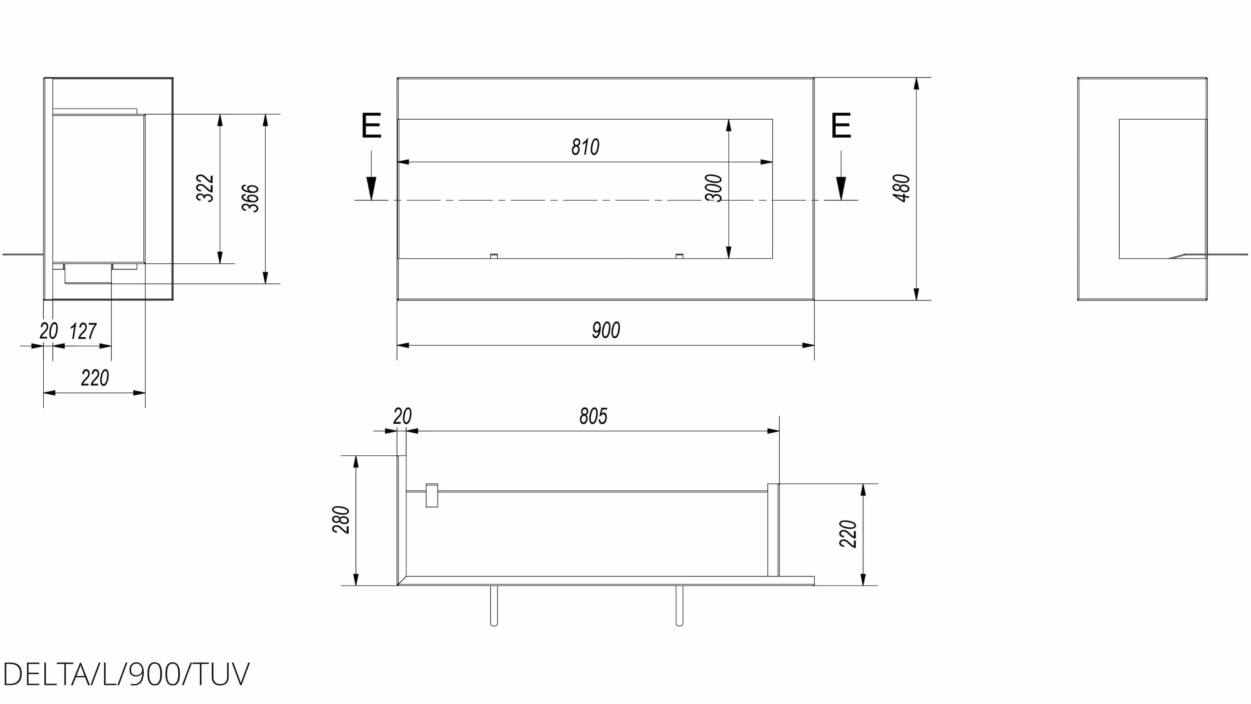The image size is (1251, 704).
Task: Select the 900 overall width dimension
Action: click(606, 330)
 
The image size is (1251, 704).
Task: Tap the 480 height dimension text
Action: click(901, 188)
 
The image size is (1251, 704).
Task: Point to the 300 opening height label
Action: click(713, 188)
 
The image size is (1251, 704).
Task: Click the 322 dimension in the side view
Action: click(205, 188)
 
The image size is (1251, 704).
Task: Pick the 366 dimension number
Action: click(251, 198)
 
